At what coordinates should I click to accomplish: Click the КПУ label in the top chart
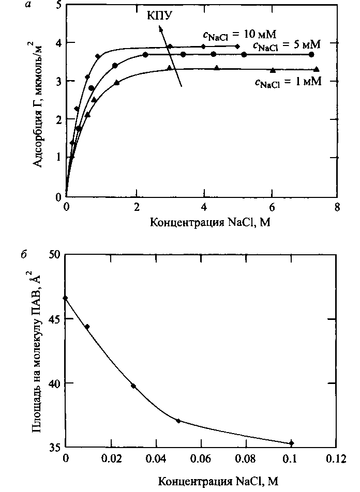[158, 16]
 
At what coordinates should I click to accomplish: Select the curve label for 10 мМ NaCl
[239, 35]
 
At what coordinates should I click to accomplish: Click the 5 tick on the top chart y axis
[57, 5]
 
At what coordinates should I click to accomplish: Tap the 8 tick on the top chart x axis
[337, 208]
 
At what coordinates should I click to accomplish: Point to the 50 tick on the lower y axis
[54, 255]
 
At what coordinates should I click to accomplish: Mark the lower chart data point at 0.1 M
[291, 443]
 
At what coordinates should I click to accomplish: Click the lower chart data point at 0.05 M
[178, 421]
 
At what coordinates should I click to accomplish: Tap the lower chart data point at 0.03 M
[133, 386]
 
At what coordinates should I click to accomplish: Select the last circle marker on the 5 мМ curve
[311, 54]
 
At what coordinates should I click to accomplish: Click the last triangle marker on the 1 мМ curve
[317, 69]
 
